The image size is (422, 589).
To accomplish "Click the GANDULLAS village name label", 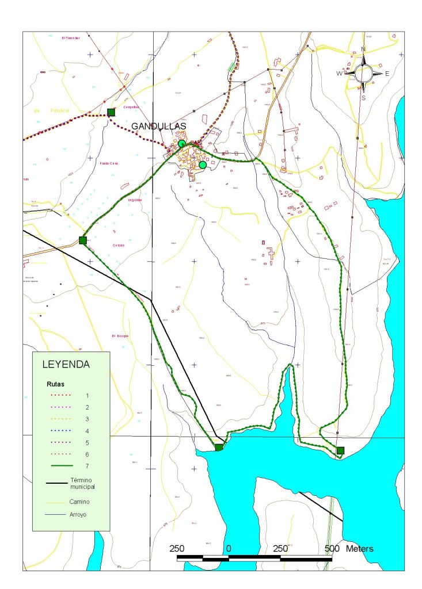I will pyautogui.click(x=159, y=126).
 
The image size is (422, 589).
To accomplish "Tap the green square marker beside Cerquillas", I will pyautogui.click(x=111, y=112).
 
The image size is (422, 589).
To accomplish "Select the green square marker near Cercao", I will pyautogui.click(x=83, y=240).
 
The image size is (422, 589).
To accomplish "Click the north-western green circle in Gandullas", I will pyautogui.click(x=182, y=143).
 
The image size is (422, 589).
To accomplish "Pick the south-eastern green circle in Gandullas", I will pyautogui.click(x=203, y=165).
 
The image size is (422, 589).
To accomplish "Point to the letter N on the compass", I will pyautogui.click(x=363, y=49).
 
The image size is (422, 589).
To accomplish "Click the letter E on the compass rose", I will pyautogui.click(x=387, y=74).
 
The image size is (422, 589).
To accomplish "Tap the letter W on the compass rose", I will pyautogui.click(x=339, y=74).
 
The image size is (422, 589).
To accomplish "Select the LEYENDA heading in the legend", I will pyautogui.click(x=66, y=364).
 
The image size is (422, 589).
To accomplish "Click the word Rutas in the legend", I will pyautogui.click(x=55, y=383).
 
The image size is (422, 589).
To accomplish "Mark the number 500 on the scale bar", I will pyautogui.click(x=332, y=548).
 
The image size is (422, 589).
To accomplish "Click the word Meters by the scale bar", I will pyautogui.click(x=359, y=548).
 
